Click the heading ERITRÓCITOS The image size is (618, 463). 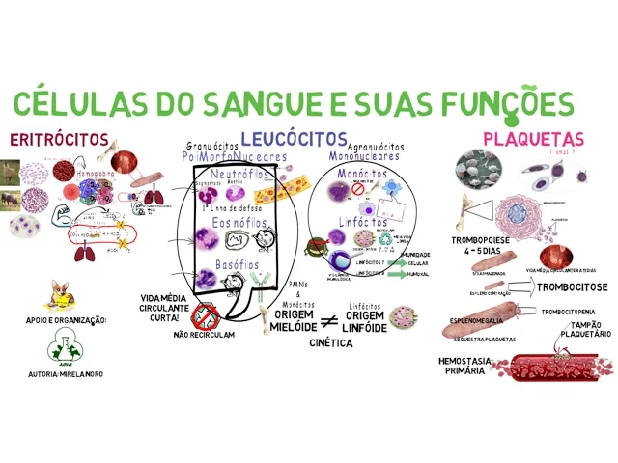coord(58,139)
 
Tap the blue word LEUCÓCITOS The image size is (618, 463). coord(294,139)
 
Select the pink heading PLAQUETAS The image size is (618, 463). coord(533,139)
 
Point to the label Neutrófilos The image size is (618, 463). coord(236,175)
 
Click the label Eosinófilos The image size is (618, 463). coord(236,222)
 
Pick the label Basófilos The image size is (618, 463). coord(236,264)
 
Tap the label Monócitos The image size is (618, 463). coord(363,174)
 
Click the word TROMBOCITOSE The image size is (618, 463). coord(572,286)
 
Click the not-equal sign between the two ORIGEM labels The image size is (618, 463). coord(328,321)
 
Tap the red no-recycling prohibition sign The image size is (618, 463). coord(204,315)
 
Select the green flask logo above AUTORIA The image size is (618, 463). coord(62,347)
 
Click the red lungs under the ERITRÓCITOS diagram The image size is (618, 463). coord(85,253)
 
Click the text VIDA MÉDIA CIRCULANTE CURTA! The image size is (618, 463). coord(165,308)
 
